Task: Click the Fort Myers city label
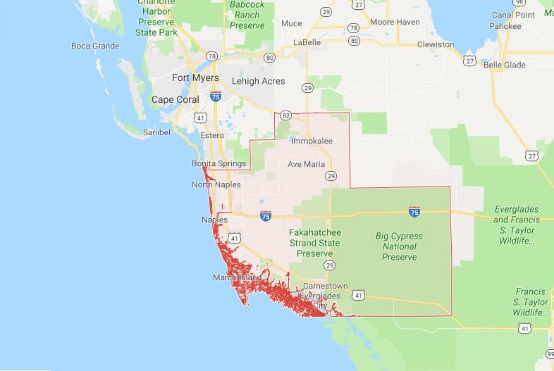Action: click(x=195, y=78)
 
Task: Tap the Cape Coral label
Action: click(x=176, y=100)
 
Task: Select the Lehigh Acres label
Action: click(x=259, y=81)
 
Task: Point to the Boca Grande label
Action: click(x=95, y=46)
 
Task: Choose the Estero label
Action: click(x=211, y=135)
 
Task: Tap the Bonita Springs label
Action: click(x=218, y=164)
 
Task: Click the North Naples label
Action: click(x=216, y=185)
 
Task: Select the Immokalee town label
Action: click(x=311, y=142)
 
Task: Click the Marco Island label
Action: click(x=238, y=278)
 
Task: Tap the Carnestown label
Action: click(x=325, y=287)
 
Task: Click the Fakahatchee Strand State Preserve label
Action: click(x=314, y=243)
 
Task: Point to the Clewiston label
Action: click(x=435, y=44)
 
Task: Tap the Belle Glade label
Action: click(x=505, y=65)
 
